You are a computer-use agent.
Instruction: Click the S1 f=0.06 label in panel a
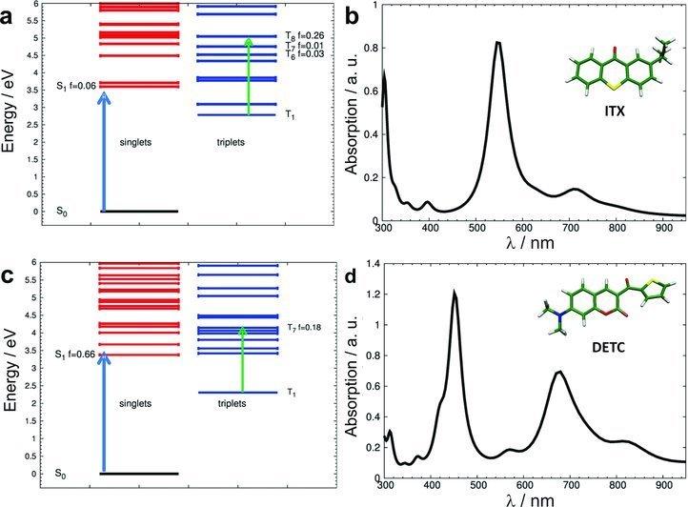click(x=73, y=85)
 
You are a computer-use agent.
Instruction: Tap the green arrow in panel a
click(x=249, y=76)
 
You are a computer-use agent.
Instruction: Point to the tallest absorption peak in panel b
click(x=524, y=43)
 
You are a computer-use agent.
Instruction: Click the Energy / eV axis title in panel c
click(x=12, y=370)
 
